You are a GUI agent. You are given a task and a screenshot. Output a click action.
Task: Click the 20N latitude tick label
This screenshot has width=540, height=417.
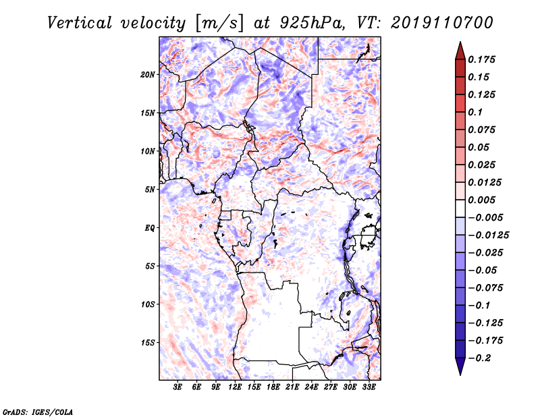(x=148, y=75)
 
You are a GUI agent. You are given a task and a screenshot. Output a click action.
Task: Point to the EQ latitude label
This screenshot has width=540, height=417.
(x=150, y=228)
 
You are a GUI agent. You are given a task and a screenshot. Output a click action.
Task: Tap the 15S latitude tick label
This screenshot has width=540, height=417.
(x=148, y=343)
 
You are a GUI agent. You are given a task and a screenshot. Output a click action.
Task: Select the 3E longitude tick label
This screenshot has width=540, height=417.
(x=178, y=387)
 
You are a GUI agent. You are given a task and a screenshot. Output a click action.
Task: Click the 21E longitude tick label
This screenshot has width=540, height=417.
(x=292, y=387)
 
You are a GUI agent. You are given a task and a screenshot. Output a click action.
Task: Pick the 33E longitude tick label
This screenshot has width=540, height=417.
(x=369, y=387)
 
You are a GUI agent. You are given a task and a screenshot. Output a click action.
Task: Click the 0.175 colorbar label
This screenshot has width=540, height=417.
(x=481, y=59)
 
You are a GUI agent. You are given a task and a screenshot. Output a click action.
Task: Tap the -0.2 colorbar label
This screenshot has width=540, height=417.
(x=479, y=358)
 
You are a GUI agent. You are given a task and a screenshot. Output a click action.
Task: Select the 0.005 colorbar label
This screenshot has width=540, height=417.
(x=481, y=200)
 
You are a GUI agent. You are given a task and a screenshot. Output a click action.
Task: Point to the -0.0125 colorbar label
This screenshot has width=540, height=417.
(x=488, y=235)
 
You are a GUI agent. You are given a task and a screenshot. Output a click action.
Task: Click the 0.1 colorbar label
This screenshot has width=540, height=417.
(x=475, y=112)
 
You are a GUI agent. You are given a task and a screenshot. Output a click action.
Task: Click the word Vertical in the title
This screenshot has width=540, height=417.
(x=80, y=23)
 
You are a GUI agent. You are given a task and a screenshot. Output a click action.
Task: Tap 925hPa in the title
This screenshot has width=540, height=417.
(x=312, y=23)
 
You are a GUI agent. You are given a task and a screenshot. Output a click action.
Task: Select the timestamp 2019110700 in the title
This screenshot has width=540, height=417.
(x=442, y=23)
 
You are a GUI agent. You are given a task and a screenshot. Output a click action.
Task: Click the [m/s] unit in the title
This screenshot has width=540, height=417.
(x=219, y=24)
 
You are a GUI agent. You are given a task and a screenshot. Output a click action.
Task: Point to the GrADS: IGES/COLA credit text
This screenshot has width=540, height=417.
(x=38, y=412)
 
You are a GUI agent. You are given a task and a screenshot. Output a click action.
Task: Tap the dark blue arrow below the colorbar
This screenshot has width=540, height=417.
(x=460, y=366)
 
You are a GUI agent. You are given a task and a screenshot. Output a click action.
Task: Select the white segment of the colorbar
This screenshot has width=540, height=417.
(x=460, y=208)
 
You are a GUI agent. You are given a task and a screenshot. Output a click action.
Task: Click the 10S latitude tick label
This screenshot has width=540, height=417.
(x=148, y=304)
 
